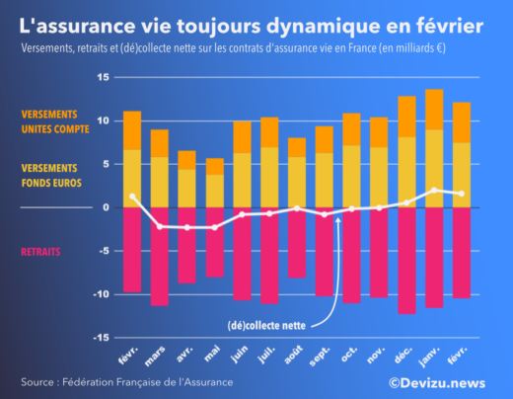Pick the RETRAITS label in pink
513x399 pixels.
[40, 252]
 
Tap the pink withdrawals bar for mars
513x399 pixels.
[159, 257]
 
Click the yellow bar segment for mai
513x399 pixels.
[214, 191]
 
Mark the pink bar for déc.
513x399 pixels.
[406, 261]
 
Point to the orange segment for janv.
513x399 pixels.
[434, 110]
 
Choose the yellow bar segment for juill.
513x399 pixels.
[268, 177]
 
